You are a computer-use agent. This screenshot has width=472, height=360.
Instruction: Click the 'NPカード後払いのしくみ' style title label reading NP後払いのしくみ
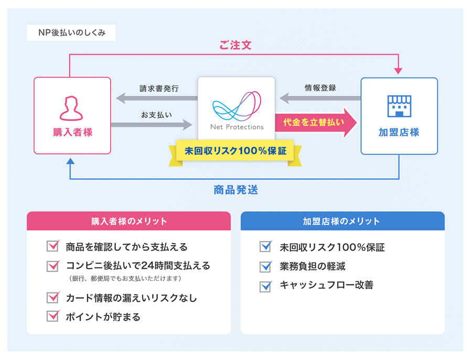(x=71, y=33)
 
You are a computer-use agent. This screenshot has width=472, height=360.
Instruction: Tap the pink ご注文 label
(x=235, y=46)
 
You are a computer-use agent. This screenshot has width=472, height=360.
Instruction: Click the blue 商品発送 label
(x=235, y=190)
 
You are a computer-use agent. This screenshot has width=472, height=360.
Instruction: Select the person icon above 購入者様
(x=72, y=108)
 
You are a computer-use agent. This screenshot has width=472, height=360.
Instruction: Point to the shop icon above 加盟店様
(x=399, y=106)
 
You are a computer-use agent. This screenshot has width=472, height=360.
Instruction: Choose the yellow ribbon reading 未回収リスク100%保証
(x=235, y=151)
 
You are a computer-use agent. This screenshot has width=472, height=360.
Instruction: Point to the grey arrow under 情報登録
(x=320, y=98)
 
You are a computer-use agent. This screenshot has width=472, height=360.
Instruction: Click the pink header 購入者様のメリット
(x=129, y=221)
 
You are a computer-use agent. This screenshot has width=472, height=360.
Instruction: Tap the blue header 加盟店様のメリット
(x=342, y=221)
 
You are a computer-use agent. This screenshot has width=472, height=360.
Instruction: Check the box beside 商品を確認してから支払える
(x=53, y=246)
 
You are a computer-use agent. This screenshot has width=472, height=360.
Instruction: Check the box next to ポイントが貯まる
(x=53, y=316)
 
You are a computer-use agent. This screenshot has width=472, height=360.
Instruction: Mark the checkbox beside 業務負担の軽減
(x=266, y=266)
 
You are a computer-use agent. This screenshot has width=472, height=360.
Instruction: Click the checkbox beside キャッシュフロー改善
(x=266, y=286)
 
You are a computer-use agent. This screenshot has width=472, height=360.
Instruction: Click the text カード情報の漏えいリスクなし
(x=132, y=298)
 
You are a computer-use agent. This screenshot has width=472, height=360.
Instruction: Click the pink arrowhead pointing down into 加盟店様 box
(x=399, y=70)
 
